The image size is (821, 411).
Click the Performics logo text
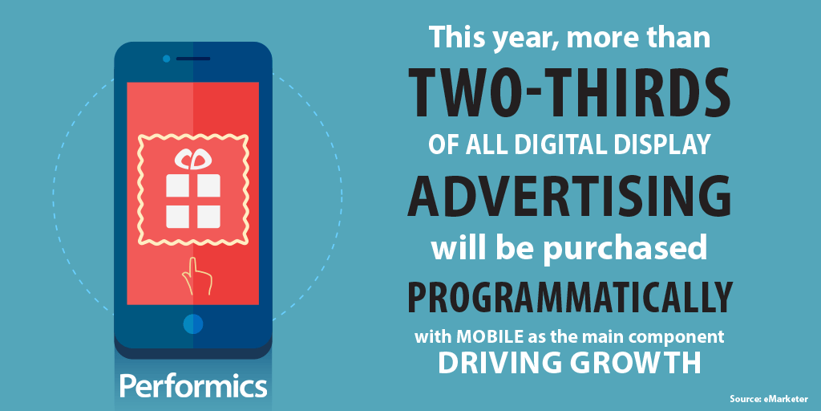click(193, 387)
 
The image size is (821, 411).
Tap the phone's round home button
click(192, 324)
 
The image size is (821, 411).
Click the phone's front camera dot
click(167, 59)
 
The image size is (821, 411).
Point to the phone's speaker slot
click(192, 59)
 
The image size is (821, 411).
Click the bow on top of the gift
click(192, 159)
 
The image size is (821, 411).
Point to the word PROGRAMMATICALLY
click(568, 298)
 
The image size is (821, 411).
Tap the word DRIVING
click(495, 363)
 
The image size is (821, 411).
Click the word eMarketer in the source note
click(787, 399)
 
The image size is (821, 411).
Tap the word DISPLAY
click(661, 144)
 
